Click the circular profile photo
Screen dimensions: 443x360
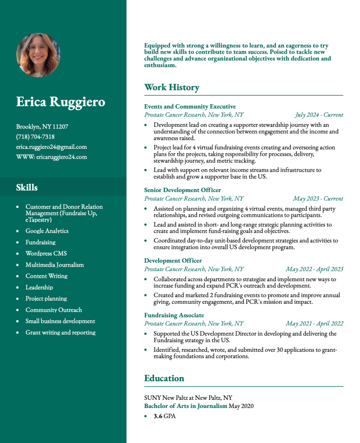click(x=38, y=55)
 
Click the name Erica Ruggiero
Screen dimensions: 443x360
click(x=61, y=102)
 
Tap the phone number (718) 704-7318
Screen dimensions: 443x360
click(x=35, y=137)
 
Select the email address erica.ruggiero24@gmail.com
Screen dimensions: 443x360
click(x=51, y=147)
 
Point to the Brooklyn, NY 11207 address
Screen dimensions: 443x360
click(x=42, y=127)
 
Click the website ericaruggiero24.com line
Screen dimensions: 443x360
click(x=51, y=157)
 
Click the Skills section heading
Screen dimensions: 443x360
click(x=27, y=187)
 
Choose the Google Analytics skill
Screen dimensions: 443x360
click(x=47, y=231)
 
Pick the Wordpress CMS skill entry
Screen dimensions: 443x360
click(x=46, y=254)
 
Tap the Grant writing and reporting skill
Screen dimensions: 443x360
click(x=61, y=333)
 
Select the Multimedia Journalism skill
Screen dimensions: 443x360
click(x=54, y=265)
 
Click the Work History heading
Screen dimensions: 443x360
click(x=172, y=87)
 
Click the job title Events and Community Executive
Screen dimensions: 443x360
click(x=190, y=106)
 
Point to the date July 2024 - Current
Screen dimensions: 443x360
click(x=319, y=115)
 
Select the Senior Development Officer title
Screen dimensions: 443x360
click(x=182, y=190)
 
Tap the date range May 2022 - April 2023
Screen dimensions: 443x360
click(x=314, y=269)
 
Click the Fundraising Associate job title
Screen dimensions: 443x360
click(x=174, y=315)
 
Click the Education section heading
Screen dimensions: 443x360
click(x=164, y=378)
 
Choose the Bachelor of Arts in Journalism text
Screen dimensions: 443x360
click(x=185, y=406)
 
